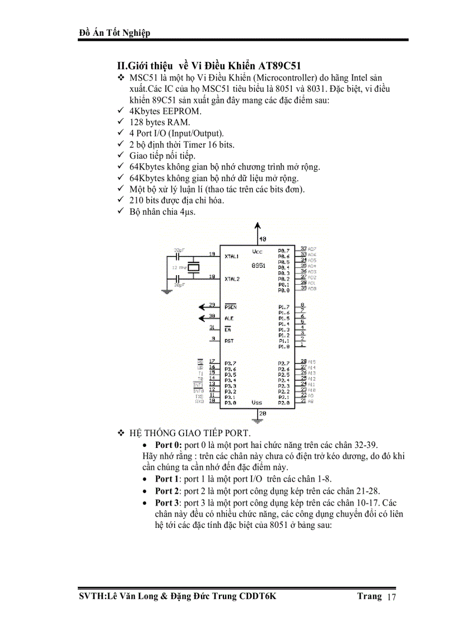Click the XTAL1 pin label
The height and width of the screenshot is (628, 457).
tap(231, 256)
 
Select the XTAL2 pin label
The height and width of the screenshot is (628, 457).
tap(231, 278)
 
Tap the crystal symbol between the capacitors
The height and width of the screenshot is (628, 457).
tap(193, 268)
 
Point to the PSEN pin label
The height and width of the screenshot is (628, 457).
tap(230, 307)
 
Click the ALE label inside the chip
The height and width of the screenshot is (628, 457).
tap(228, 318)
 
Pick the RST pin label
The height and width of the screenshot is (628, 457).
tap(228, 341)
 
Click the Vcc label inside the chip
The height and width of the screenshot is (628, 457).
tap(257, 252)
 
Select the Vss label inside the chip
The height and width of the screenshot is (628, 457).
tap(257, 402)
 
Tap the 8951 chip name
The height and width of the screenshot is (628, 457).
tap(258, 266)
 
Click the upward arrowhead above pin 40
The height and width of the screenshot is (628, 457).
tap(257, 225)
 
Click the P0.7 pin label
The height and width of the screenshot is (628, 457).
tap(283, 251)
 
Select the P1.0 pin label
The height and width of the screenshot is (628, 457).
tap(283, 347)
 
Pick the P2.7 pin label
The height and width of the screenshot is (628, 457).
tap(283, 363)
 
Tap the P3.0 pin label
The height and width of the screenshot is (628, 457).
tap(230, 403)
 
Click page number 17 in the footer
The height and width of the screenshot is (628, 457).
tap(391, 598)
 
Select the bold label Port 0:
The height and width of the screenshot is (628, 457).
tap(168, 445)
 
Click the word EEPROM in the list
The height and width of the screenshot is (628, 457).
tap(181, 111)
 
